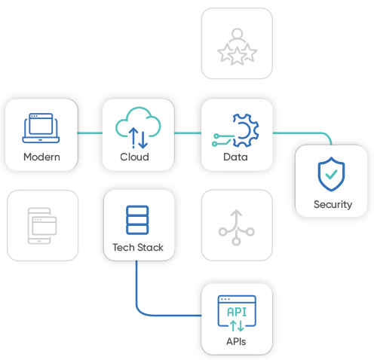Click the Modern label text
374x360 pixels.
[x=41, y=157]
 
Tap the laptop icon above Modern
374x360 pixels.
[x=41, y=128]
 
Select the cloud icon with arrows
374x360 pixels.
[x=138, y=127]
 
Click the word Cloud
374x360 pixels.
[x=134, y=157]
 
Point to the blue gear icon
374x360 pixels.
[x=246, y=130]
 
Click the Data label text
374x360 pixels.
[x=235, y=157]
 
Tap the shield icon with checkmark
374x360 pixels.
[x=331, y=174]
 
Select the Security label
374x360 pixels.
[x=333, y=205]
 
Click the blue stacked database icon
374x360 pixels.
[x=137, y=220]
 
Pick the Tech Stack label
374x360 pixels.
[x=138, y=248]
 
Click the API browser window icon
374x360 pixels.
[x=237, y=313]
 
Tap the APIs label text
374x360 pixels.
[x=236, y=342]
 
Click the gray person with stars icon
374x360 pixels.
[x=237, y=47]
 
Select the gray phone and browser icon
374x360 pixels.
[x=42, y=226]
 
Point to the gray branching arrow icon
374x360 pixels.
[x=236, y=227]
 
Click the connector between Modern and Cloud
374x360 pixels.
[x=90, y=133]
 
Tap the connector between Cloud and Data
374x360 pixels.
[x=188, y=133]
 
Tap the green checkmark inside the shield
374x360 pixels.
[x=331, y=174]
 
